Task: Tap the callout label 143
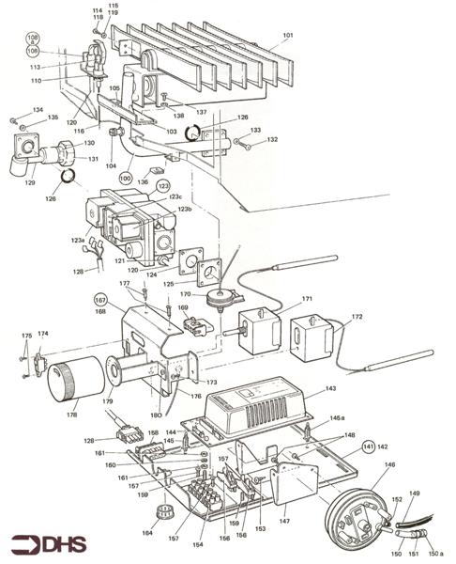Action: coord(330,387)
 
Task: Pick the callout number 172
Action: coord(357,317)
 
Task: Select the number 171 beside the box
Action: coord(307,298)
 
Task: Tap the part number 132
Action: coord(273,139)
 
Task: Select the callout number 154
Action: coord(198,544)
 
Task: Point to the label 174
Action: coord(43,334)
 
